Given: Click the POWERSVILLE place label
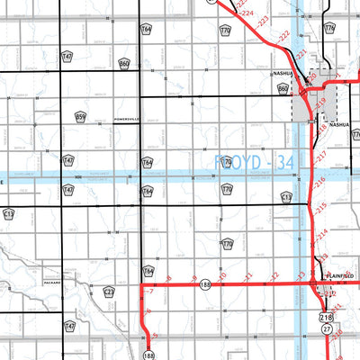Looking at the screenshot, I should pyautogui.click(x=129, y=118).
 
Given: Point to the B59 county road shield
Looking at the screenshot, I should pyautogui.click(x=80, y=117).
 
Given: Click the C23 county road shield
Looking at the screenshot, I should pyautogui.click(x=109, y=292).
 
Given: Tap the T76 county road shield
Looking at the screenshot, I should pyautogui.click(x=329, y=29).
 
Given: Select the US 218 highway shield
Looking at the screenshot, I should pyautogui.click(x=326, y=318).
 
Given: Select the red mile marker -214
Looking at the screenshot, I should pyautogui.click(x=320, y=233).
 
